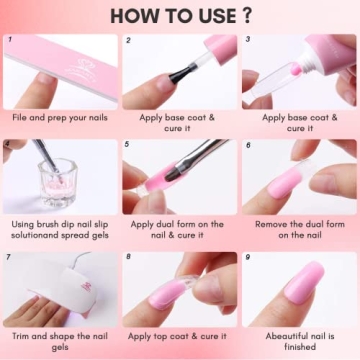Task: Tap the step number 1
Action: (x=9, y=41)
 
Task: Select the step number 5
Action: (x=128, y=144)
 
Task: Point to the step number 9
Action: (x=247, y=257)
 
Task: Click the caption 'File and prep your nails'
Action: (x=60, y=117)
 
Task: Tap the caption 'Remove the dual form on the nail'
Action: (x=299, y=230)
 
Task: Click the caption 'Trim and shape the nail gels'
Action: (x=60, y=343)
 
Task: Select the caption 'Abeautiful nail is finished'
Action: (x=299, y=343)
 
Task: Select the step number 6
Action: (x=247, y=144)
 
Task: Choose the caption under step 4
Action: (x=60, y=230)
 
